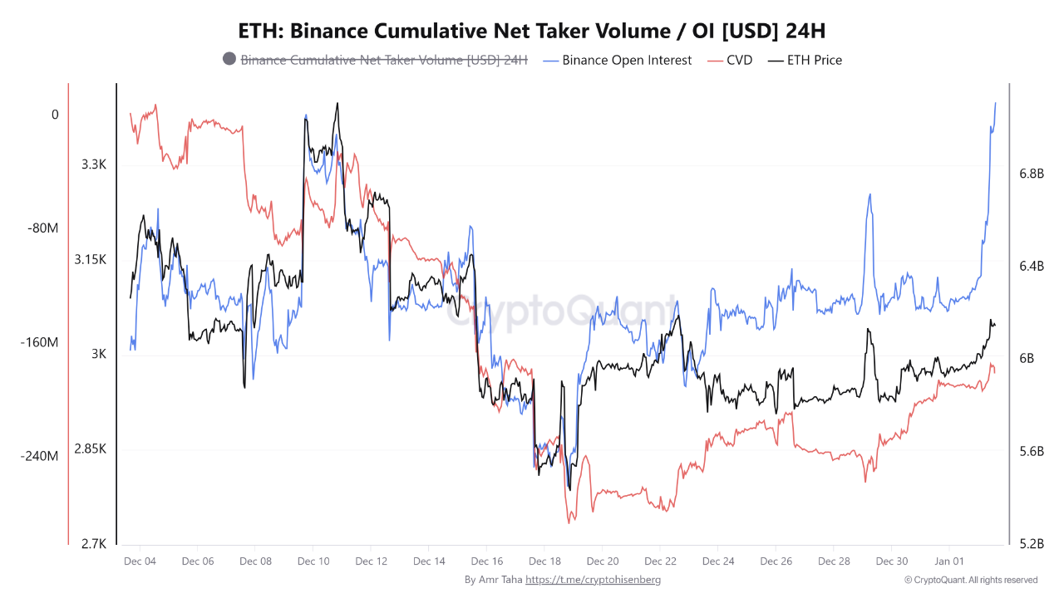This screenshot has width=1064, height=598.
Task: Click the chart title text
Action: [532, 31]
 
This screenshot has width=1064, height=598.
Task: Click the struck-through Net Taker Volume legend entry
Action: [384, 60]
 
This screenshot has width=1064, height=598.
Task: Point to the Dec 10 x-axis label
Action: [313, 561]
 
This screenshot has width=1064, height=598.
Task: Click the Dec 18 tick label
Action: [544, 561]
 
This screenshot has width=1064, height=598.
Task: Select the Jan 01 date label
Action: [949, 561]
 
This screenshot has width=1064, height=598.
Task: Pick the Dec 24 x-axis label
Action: [718, 561]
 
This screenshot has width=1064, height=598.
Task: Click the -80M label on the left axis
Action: [42, 228]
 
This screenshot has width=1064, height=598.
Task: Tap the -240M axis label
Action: [39, 456]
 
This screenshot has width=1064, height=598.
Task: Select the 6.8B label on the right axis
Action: [1031, 174]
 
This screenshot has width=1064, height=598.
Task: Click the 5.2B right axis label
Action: [1031, 544]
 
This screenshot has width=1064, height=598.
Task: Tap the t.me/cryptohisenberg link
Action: [594, 580]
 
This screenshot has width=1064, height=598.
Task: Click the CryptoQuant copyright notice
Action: [971, 580]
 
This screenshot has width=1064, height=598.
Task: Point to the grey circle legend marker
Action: [229, 59]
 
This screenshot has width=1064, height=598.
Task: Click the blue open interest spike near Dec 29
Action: [869, 195]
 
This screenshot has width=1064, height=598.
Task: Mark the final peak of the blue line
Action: [996, 103]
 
